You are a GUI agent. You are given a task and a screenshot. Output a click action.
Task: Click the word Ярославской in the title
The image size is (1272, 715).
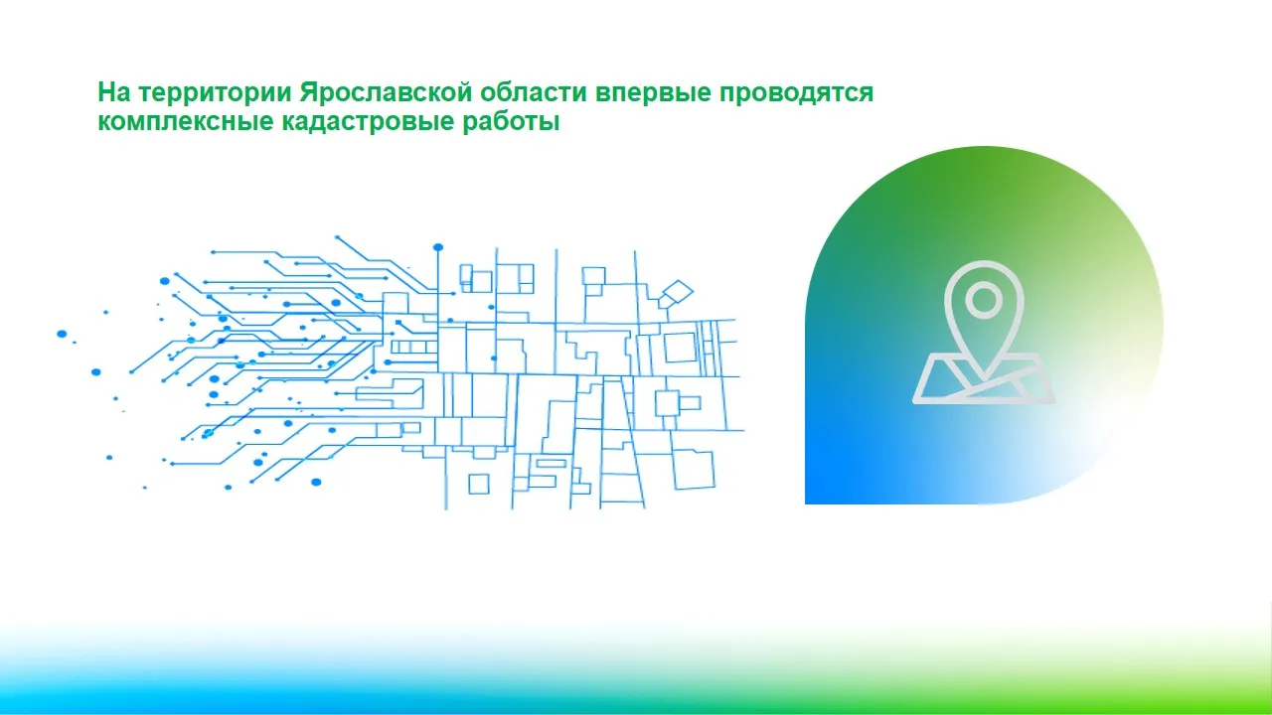(x=386, y=92)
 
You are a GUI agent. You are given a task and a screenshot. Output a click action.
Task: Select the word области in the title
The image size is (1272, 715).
(x=534, y=92)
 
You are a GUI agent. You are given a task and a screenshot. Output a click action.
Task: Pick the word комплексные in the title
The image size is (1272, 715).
(x=186, y=122)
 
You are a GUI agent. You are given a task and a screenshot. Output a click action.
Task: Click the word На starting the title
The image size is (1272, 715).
(x=114, y=92)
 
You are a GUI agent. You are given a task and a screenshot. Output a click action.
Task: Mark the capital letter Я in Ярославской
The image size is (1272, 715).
(x=309, y=92)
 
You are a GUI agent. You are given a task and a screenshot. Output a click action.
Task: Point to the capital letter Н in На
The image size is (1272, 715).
(x=106, y=92)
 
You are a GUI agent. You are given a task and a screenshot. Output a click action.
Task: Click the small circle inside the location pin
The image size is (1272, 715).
(x=984, y=300)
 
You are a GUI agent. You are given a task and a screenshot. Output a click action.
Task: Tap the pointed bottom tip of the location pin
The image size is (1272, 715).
(x=984, y=378)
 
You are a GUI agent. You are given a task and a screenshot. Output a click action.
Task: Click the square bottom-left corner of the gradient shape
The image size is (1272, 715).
(x=806, y=503)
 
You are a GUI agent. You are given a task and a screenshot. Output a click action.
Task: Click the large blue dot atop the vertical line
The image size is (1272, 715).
(x=438, y=247)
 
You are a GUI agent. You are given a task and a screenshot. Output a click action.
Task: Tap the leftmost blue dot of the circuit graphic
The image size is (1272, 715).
(x=62, y=334)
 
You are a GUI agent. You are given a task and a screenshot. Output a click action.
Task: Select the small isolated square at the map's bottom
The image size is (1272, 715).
(x=479, y=485)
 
